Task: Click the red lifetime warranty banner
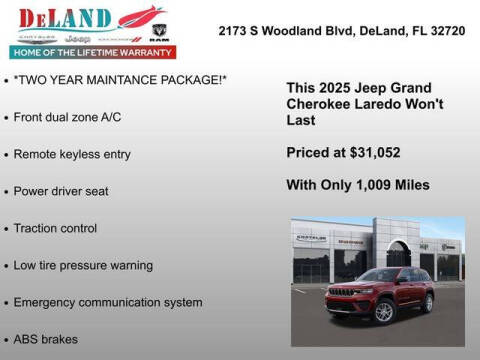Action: click(91, 51)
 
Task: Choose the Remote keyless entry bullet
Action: click(72, 154)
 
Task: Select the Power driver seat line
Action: click(61, 191)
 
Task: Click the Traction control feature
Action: click(55, 228)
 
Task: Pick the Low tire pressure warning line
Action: click(83, 265)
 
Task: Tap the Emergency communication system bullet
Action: click(108, 302)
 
